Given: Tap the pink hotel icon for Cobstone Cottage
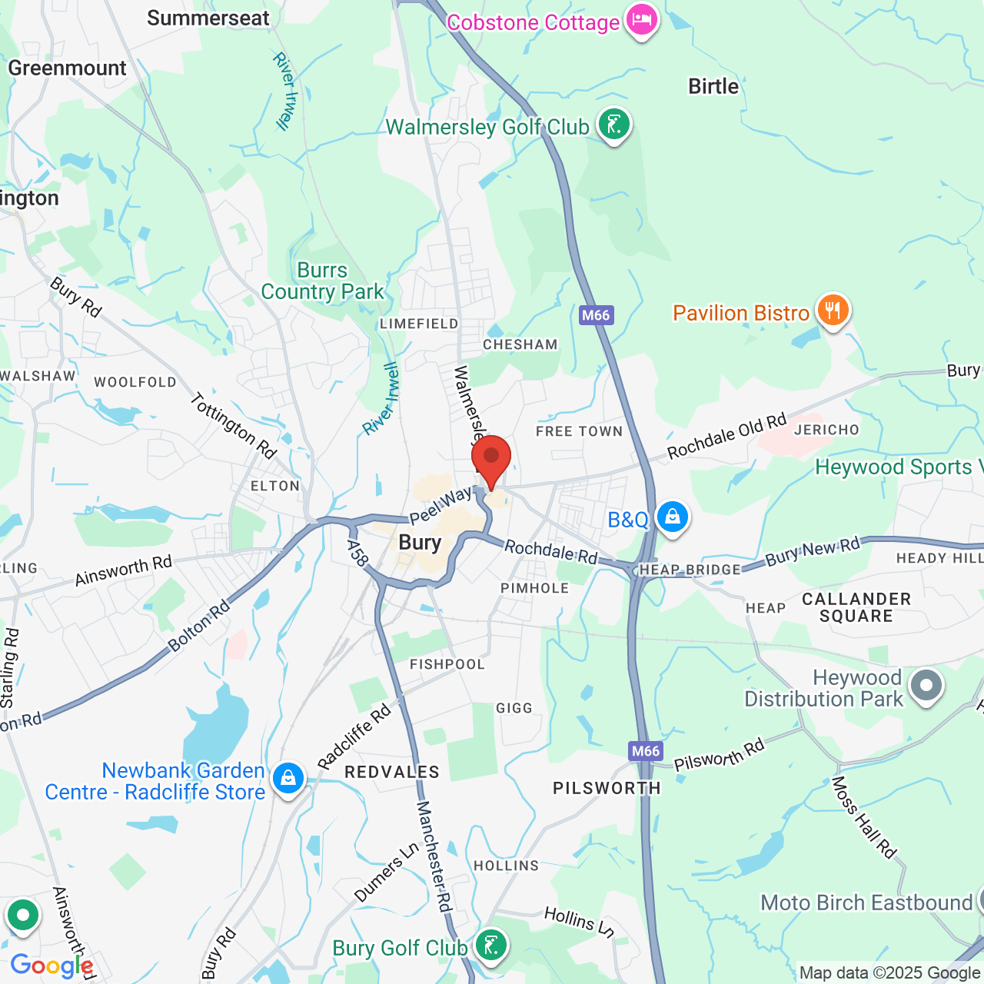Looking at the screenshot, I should click(x=641, y=19).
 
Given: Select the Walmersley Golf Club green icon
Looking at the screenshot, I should click(x=613, y=124).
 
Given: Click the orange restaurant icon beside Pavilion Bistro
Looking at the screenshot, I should click(x=833, y=311).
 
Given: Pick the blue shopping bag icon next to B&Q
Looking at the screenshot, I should click(x=673, y=517).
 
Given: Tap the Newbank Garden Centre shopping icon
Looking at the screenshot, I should click(x=288, y=779).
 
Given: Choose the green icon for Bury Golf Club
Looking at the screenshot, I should click(x=490, y=945).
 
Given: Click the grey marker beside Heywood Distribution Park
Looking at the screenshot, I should click(x=926, y=685).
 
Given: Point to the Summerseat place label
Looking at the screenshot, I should click(x=208, y=18).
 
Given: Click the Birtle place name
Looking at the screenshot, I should click(x=713, y=86).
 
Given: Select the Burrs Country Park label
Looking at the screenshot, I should click(x=323, y=281).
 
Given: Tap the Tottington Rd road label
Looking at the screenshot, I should click(x=233, y=426).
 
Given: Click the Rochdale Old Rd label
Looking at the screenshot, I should click(x=727, y=436).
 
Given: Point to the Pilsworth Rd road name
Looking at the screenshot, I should click(x=720, y=754).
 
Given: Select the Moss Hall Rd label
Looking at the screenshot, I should click(x=864, y=817).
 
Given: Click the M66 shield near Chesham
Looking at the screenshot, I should click(x=596, y=314).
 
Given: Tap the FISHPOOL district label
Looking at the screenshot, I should click(x=447, y=664).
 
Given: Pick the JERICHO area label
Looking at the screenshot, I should click(x=826, y=430).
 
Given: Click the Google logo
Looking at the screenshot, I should click(x=52, y=966).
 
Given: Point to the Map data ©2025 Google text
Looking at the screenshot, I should click(x=889, y=973).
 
